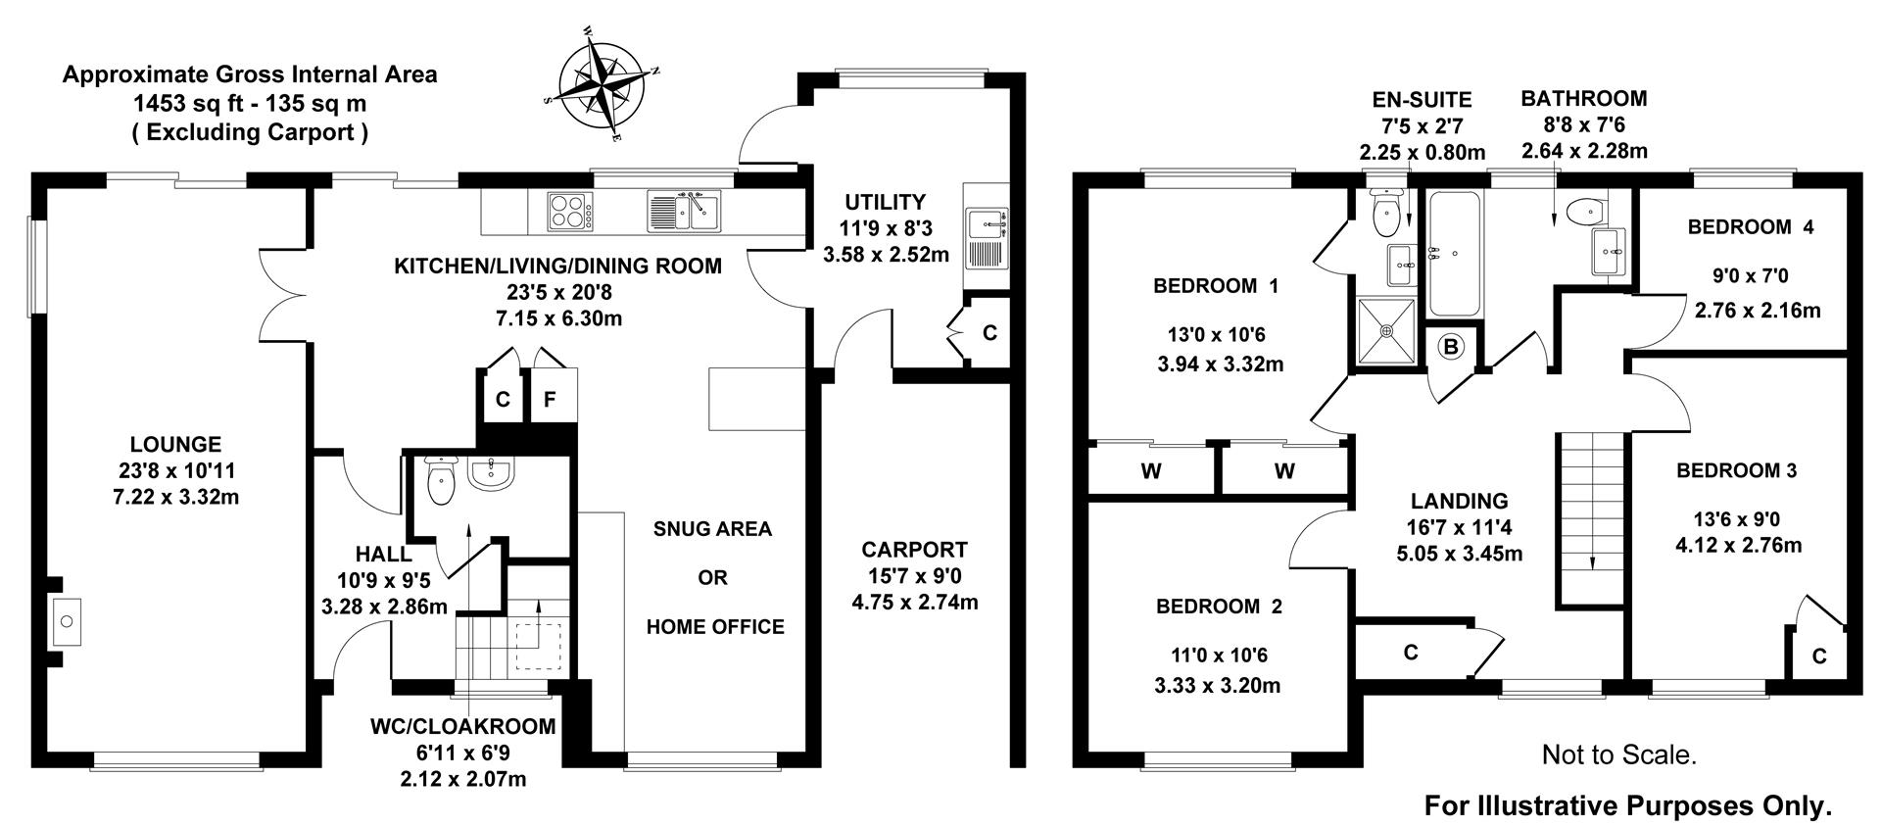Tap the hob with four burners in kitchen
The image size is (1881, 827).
(x=569, y=212)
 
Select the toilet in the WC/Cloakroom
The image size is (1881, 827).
(x=442, y=481)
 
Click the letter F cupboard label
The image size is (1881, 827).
(x=550, y=399)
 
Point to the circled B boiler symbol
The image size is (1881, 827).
(x=1451, y=346)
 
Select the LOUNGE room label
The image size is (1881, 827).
(x=176, y=444)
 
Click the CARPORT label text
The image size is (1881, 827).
(x=914, y=550)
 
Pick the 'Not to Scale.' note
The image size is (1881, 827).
(x=1618, y=754)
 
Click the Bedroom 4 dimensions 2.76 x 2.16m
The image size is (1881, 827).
(x=1758, y=311)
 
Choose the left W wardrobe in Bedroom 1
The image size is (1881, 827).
(x=1151, y=471)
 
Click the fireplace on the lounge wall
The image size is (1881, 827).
(x=67, y=621)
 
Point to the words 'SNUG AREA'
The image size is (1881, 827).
(x=712, y=529)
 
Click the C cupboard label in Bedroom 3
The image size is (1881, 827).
(x=1819, y=657)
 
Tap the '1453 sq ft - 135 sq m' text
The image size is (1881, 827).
(x=250, y=103)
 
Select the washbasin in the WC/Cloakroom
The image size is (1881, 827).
(x=489, y=473)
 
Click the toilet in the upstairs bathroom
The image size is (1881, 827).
(x=1584, y=211)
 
